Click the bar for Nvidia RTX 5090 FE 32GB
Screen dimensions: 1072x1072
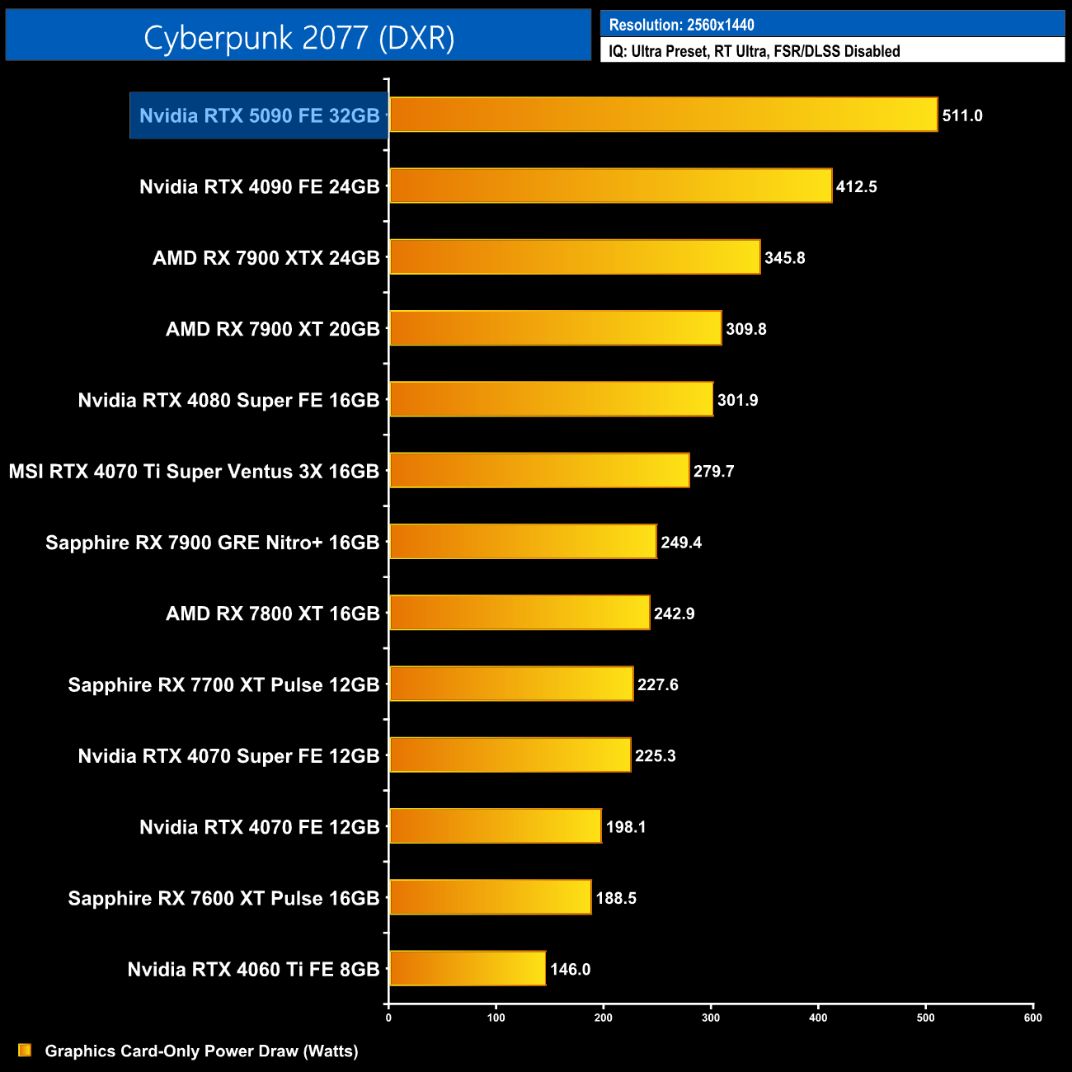[x=663, y=115]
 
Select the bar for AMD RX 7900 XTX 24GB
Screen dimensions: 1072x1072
[x=575, y=257]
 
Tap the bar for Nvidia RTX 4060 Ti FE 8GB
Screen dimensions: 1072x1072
[x=468, y=968]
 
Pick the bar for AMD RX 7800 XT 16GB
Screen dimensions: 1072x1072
[x=520, y=613]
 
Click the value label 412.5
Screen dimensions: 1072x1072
[x=856, y=186]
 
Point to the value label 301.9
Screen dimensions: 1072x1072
[x=737, y=400]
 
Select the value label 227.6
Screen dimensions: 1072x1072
[x=657, y=684]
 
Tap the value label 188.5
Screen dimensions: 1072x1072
[x=615, y=898]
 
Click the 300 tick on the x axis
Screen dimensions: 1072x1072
[x=711, y=1018]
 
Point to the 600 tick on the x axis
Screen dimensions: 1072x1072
[x=1032, y=1018]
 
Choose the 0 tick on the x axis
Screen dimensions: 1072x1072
[x=388, y=1018]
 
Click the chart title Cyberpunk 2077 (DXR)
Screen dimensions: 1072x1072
[x=299, y=37]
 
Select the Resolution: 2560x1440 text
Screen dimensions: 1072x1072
[x=681, y=25]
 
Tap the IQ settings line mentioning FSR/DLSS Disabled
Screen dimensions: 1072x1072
[x=754, y=51]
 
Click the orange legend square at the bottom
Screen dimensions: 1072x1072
[x=25, y=1050]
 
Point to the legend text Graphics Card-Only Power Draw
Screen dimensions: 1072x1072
[x=201, y=1051]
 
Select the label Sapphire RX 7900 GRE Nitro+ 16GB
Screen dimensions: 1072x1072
[x=212, y=543]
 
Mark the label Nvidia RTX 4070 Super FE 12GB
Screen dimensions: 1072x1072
[x=228, y=755]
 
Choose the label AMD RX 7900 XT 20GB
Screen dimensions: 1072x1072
[x=272, y=329]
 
